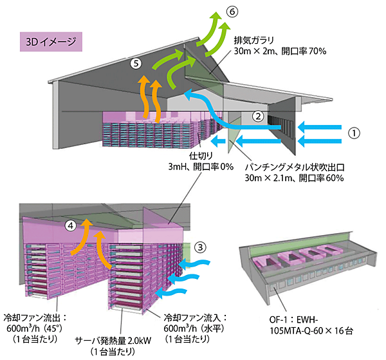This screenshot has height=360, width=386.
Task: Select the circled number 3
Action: coord(201,247)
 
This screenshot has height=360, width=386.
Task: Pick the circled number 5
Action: coord(135,63)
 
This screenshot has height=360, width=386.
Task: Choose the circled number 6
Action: coord(231,11)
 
